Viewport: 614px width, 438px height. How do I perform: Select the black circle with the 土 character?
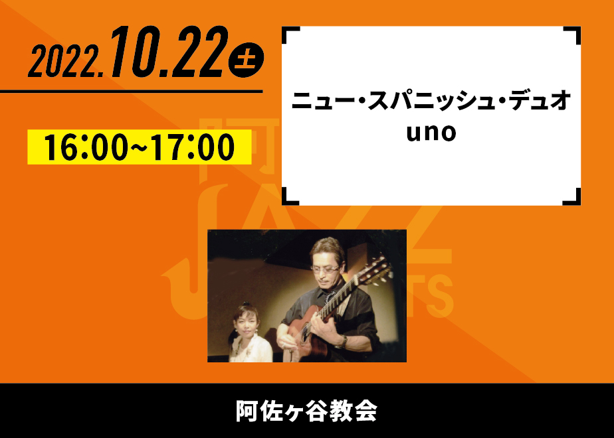pos(246,60)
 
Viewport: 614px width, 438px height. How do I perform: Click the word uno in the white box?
pos(431,133)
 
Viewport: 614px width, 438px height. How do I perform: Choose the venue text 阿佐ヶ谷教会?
pos(306,411)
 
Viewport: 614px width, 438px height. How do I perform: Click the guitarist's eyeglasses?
pos(326,269)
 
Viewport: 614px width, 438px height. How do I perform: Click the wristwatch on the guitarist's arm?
pos(344,342)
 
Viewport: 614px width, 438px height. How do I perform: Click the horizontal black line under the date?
pos(131,92)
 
